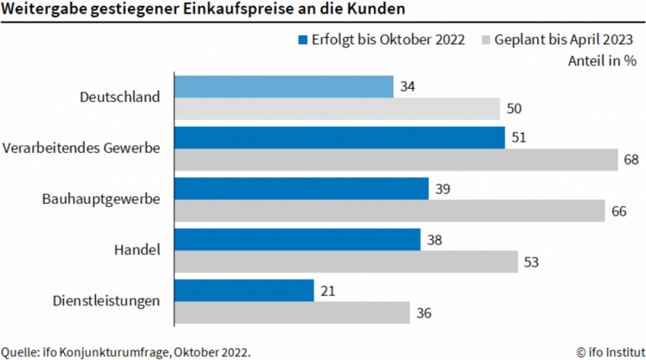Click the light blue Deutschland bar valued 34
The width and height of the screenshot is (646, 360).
pyautogui.click(x=284, y=86)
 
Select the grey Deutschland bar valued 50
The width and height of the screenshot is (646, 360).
pyautogui.click(x=338, y=109)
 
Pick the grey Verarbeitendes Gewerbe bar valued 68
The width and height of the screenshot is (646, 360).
pyautogui.click(x=396, y=160)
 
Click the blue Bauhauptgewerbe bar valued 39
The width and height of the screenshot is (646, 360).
pyautogui.click(x=301, y=188)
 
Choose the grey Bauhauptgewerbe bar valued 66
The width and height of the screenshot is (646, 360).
pyautogui.click(x=390, y=211)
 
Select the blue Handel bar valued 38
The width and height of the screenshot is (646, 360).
pyautogui.click(x=297, y=239)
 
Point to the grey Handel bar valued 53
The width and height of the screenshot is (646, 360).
pyautogui.click(x=346, y=262)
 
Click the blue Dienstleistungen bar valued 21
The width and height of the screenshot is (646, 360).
pyautogui.click(x=244, y=290)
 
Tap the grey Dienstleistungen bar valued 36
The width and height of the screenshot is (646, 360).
pyautogui.click(x=292, y=313)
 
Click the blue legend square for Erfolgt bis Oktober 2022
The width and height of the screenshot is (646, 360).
pyautogui.click(x=302, y=40)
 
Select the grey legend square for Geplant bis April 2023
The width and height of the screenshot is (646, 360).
pyautogui.click(x=485, y=40)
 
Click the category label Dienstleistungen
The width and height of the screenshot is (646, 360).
pyautogui.click(x=105, y=301)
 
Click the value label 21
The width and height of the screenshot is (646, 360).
pyautogui.click(x=326, y=290)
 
